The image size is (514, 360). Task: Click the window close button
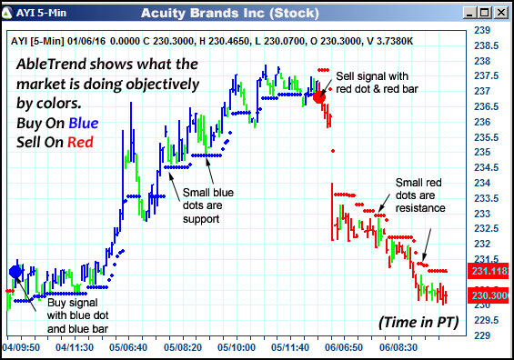pos(502,13)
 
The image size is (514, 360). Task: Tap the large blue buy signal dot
pos(15,271)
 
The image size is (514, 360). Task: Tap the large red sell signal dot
pos(319,96)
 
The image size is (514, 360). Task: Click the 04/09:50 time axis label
pos(21,347)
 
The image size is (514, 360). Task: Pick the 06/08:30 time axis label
pos(398,347)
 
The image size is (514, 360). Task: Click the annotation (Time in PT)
pos(418,322)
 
